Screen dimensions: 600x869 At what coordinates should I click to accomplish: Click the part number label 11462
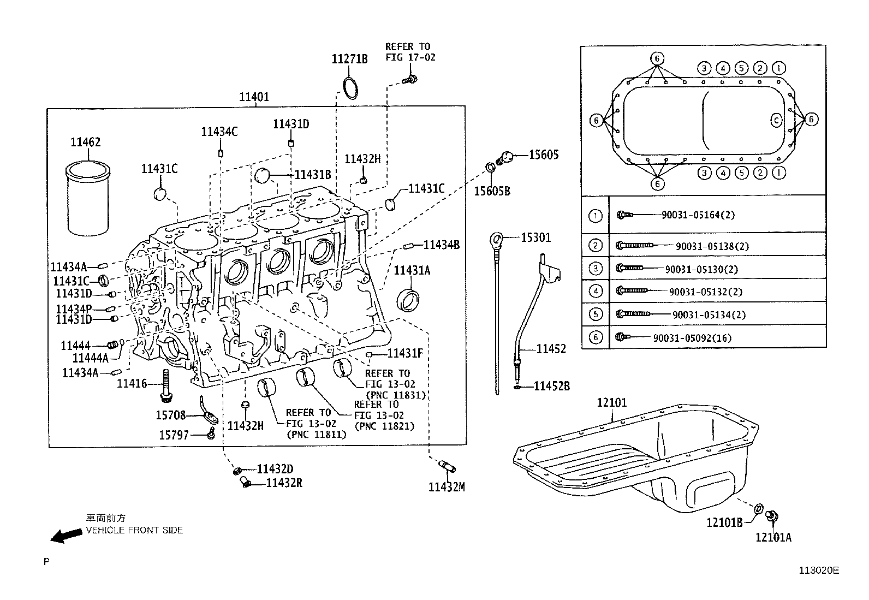pyautogui.click(x=85, y=142)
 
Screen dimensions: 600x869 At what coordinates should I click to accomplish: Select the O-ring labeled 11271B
pyautogui.click(x=350, y=89)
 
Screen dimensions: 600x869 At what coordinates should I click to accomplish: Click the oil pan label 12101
pyautogui.click(x=612, y=403)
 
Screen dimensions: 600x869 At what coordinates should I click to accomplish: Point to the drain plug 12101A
pyautogui.click(x=772, y=515)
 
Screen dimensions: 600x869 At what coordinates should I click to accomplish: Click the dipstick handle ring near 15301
pyautogui.click(x=496, y=239)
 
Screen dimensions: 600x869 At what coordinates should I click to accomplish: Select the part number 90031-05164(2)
pyautogui.click(x=698, y=215)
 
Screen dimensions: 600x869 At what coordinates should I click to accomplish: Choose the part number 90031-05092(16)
pyautogui.click(x=692, y=338)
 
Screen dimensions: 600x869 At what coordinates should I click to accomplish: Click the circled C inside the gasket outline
pyautogui.click(x=776, y=121)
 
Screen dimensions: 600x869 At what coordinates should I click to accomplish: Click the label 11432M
pyautogui.click(x=446, y=487)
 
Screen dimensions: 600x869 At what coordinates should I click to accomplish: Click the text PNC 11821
pyautogui.click(x=384, y=426)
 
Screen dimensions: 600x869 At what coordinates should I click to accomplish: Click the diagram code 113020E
pyautogui.click(x=819, y=571)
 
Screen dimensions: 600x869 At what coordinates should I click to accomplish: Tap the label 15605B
pyautogui.click(x=492, y=191)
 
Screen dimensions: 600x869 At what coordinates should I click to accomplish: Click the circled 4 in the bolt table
pyautogui.click(x=596, y=292)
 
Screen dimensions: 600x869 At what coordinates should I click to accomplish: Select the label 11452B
pyautogui.click(x=551, y=387)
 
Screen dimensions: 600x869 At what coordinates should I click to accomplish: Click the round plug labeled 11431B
pyautogui.click(x=264, y=175)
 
